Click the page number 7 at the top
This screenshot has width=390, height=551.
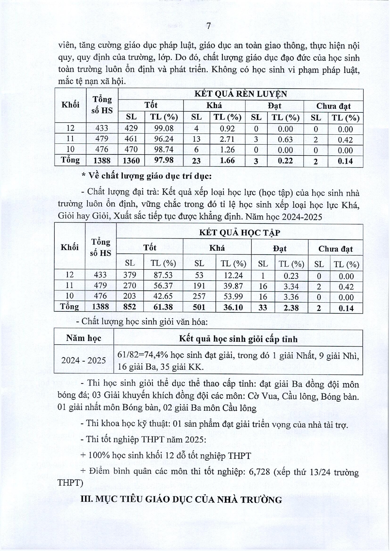tap(209, 26)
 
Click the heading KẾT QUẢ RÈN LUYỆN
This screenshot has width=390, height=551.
tap(241, 94)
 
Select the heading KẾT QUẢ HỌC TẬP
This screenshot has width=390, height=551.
tap(240, 233)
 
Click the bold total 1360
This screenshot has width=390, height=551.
tap(131, 161)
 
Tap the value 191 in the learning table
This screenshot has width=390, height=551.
tap(199, 286)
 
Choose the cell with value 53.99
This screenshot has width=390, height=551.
tap(233, 297)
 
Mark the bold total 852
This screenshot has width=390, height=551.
tap(129, 307)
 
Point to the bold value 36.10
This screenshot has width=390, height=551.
tap(233, 307)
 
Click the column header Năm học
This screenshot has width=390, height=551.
tap(84, 338)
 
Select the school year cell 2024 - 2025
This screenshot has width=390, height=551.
tap(84, 360)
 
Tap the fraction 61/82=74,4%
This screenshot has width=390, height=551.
tap(143, 355)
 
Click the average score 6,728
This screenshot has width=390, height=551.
tap(259, 472)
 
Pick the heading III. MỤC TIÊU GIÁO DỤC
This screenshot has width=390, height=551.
tap(181, 500)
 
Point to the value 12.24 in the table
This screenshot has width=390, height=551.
tap(233, 275)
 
